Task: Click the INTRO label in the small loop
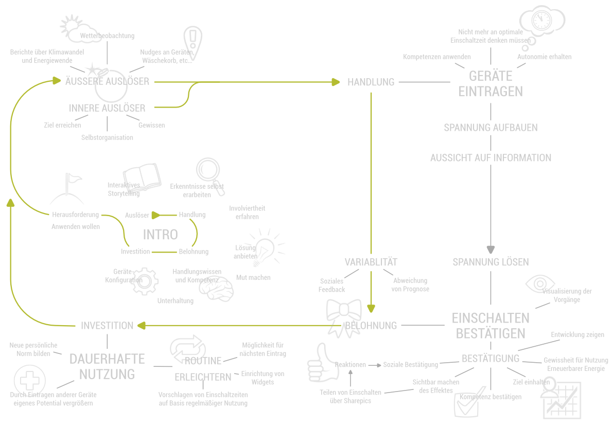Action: (160, 235)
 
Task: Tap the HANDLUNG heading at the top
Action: (371, 82)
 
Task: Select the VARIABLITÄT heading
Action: (371, 262)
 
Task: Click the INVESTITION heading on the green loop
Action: (107, 326)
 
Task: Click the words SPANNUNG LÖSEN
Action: (491, 262)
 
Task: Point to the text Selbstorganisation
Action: (107, 137)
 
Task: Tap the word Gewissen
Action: (151, 125)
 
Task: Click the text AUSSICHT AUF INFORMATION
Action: (491, 158)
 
